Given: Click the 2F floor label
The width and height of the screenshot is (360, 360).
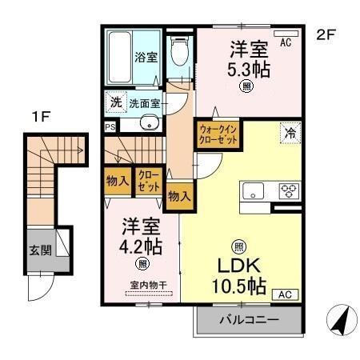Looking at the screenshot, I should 324,34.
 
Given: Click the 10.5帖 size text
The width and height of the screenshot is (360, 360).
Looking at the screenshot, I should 238,285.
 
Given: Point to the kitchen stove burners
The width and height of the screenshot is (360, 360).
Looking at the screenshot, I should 288,190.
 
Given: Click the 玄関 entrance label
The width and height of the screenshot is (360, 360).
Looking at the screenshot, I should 41,250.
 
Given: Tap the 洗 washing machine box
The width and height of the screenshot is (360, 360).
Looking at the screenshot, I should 115,102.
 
